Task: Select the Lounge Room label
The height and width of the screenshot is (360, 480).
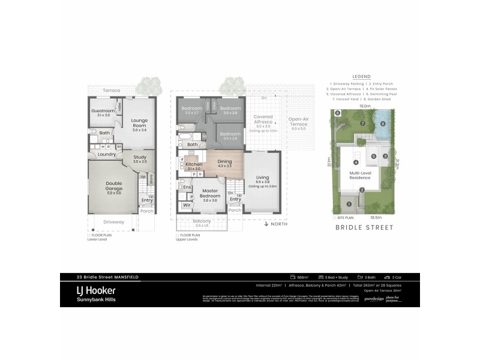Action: coord(139,123)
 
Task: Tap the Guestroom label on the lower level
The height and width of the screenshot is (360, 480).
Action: coord(103,111)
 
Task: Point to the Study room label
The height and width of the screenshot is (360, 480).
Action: coord(139,159)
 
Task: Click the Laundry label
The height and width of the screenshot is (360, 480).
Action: coord(106,155)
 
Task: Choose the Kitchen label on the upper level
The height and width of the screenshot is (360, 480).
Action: coord(194,164)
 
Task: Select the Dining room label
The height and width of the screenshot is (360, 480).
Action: coord(224,161)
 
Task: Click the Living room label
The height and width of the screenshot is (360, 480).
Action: coord(262,178)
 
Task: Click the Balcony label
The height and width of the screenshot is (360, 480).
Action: coord(202,222)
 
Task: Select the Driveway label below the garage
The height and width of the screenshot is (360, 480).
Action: coord(113,221)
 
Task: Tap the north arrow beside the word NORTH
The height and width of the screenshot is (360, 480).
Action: coord(266,224)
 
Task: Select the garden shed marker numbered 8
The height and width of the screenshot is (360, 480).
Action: coord(338,113)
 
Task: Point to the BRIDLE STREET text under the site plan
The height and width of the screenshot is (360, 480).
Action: coord(364,228)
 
